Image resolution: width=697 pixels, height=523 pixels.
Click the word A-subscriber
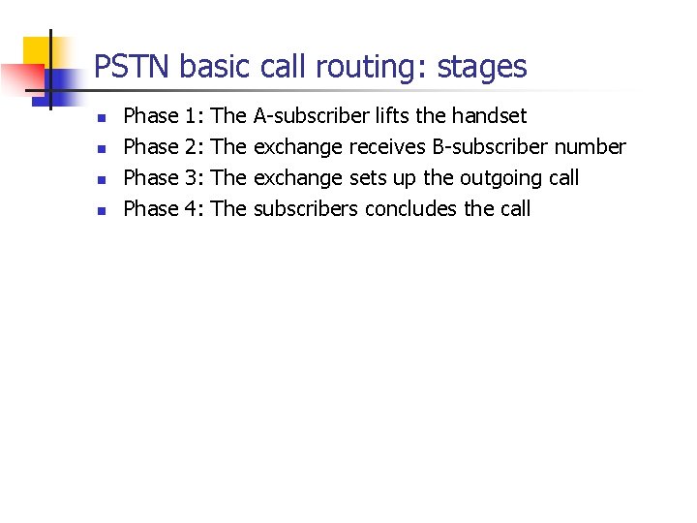(311, 116)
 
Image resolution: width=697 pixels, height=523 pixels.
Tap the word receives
(387, 147)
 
